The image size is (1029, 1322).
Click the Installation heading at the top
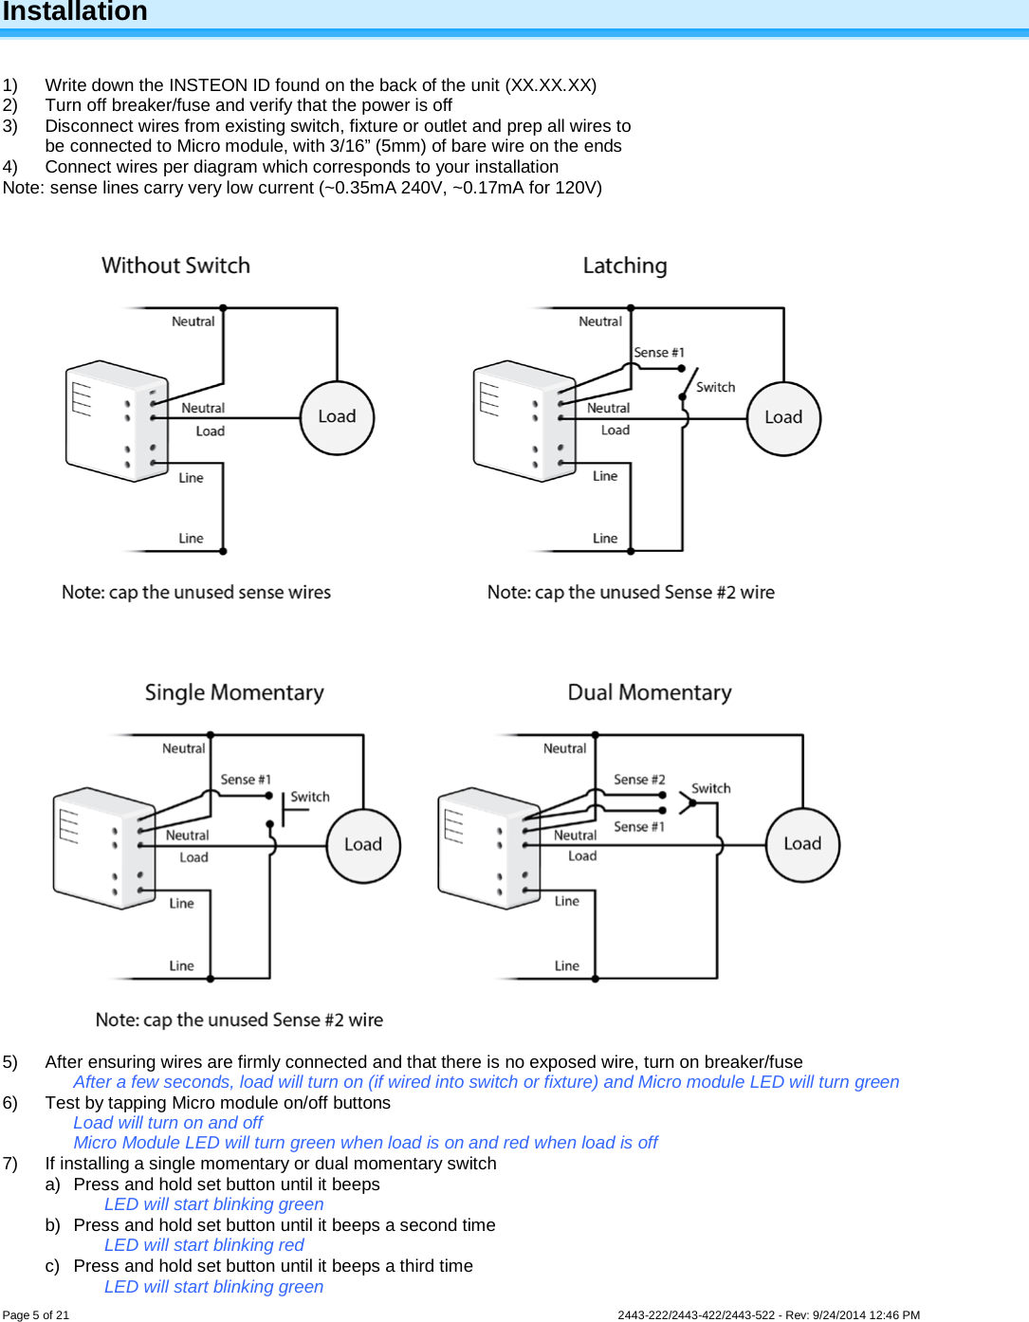pos(75,12)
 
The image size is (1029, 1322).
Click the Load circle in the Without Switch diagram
pos(337,417)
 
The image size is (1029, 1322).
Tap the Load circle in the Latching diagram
pos(783,418)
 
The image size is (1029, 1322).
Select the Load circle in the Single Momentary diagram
pos(363,845)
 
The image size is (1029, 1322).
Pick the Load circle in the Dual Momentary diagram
pos(802,844)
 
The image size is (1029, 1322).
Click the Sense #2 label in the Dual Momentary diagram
pos(639,780)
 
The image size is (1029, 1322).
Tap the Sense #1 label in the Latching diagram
pos(659,353)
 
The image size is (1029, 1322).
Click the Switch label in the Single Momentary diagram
pos(310,797)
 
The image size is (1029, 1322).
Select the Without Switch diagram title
pos(176,266)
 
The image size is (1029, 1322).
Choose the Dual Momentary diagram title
pos(650,692)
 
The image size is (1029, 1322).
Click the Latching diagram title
pos(625,266)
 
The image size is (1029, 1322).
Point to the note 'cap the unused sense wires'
pos(196,592)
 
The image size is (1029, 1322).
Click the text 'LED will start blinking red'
pos(204,1245)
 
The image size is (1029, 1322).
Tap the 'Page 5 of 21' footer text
pos(36,1314)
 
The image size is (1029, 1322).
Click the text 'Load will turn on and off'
pos(168,1122)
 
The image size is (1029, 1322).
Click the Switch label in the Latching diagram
pos(715,387)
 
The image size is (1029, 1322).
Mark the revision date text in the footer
pos(866,1314)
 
